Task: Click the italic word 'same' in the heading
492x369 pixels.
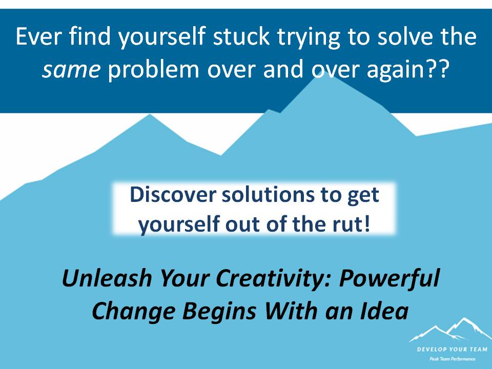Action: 71,69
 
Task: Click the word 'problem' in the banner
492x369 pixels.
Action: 153,69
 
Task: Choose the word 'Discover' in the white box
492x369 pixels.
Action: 173,195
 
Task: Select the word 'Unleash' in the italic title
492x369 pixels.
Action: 107,278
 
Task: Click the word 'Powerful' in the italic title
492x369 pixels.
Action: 389,278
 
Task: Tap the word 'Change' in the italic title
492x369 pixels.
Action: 133,311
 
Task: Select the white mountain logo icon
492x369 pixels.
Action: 449,330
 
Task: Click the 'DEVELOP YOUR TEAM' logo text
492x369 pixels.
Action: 452,349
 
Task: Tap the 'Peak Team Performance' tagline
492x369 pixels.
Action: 452,359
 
